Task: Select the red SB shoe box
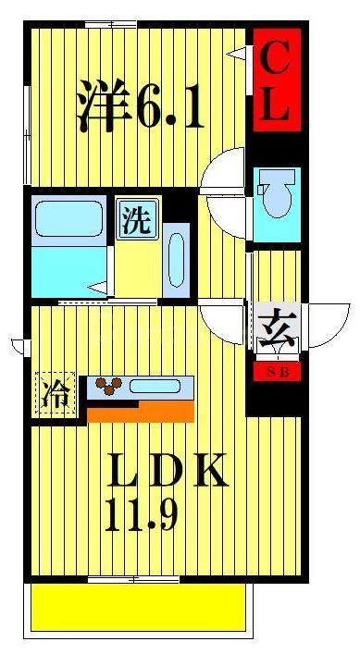pyautogui.click(x=277, y=373)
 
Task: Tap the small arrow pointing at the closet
pyautogui.click(x=238, y=53)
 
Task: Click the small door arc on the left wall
pyautogui.click(x=18, y=346)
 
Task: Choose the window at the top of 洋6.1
pyautogui.click(x=111, y=23)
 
